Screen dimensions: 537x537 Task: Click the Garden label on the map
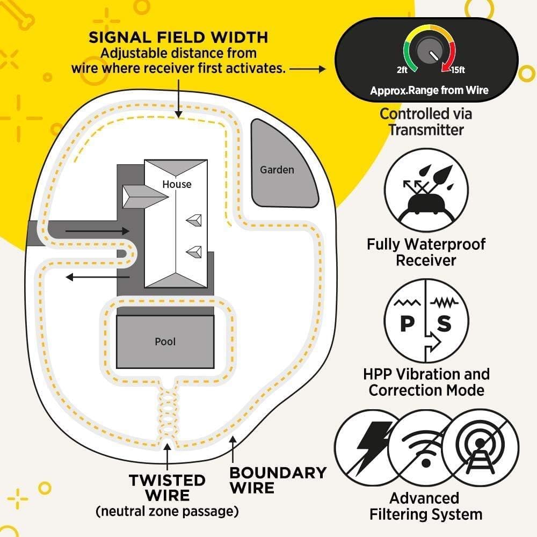pyautogui.click(x=277, y=170)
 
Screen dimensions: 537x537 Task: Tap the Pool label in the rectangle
pyautogui.click(x=165, y=342)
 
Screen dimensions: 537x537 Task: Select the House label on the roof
pyautogui.click(x=177, y=184)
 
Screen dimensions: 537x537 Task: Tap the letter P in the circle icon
pyautogui.click(x=406, y=324)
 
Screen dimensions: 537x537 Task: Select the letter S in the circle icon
pyautogui.click(x=445, y=324)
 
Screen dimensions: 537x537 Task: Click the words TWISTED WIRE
pyautogui.click(x=167, y=487)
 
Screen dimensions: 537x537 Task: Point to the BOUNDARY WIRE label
pyautogui.click(x=278, y=480)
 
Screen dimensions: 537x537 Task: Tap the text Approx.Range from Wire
pyautogui.click(x=429, y=90)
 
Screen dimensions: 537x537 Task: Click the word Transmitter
pyautogui.click(x=426, y=129)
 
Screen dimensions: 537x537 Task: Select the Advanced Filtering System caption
pyautogui.click(x=425, y=506)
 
